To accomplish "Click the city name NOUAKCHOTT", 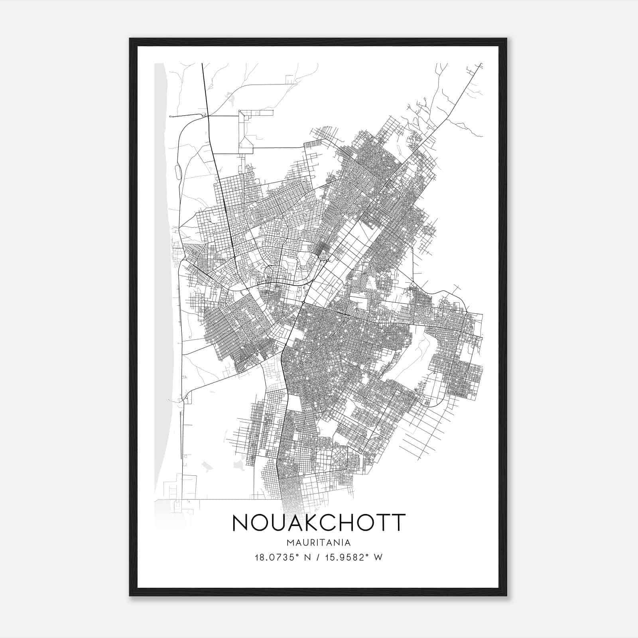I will pos(319,523).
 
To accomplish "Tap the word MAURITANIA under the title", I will pos(319,543).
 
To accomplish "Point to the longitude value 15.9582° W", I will pos(351,557).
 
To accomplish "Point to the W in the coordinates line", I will pos(378,557).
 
